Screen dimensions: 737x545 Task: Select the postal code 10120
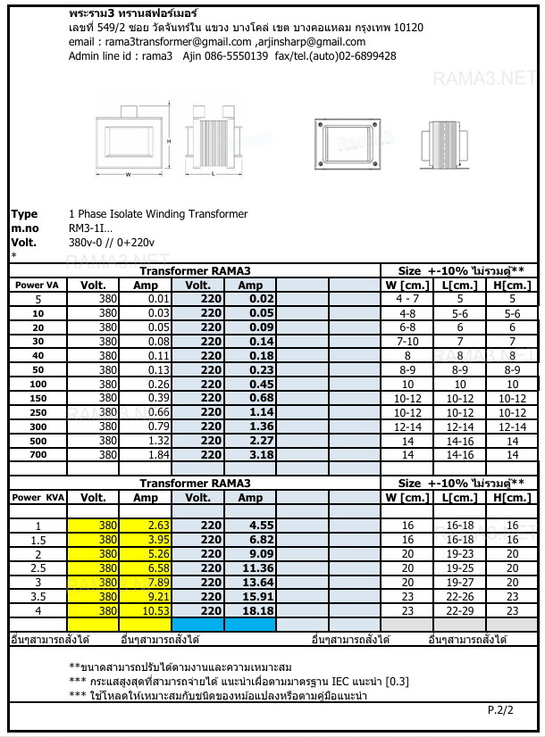tap(407, 28)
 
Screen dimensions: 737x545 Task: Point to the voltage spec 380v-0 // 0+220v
tap(112, 242)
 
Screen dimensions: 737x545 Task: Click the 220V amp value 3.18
tap(262, 455)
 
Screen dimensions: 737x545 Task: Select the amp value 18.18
tap(262, 611)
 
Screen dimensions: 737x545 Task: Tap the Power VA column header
tap(37, 286)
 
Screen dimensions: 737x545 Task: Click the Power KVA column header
tap(38, 498)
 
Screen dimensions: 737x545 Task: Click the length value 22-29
tap(460, 611)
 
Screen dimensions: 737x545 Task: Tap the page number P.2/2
tap(500, 711)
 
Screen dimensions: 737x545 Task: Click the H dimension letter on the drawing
tap(168, 141)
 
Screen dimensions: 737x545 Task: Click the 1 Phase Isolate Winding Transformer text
tap(158, 214)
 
